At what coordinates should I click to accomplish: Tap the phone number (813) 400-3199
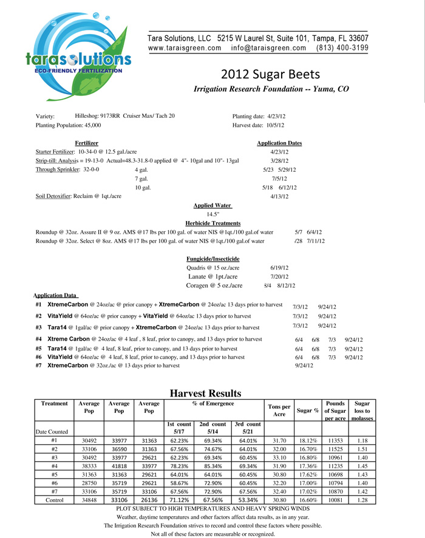tap(342, 48)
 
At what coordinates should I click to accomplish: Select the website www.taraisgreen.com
tap(185, 48)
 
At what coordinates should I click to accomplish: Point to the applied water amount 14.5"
tap(212, 214)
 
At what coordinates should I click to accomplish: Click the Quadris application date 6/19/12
tap(279, 268)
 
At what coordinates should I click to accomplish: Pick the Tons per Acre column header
tap(279, 410)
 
